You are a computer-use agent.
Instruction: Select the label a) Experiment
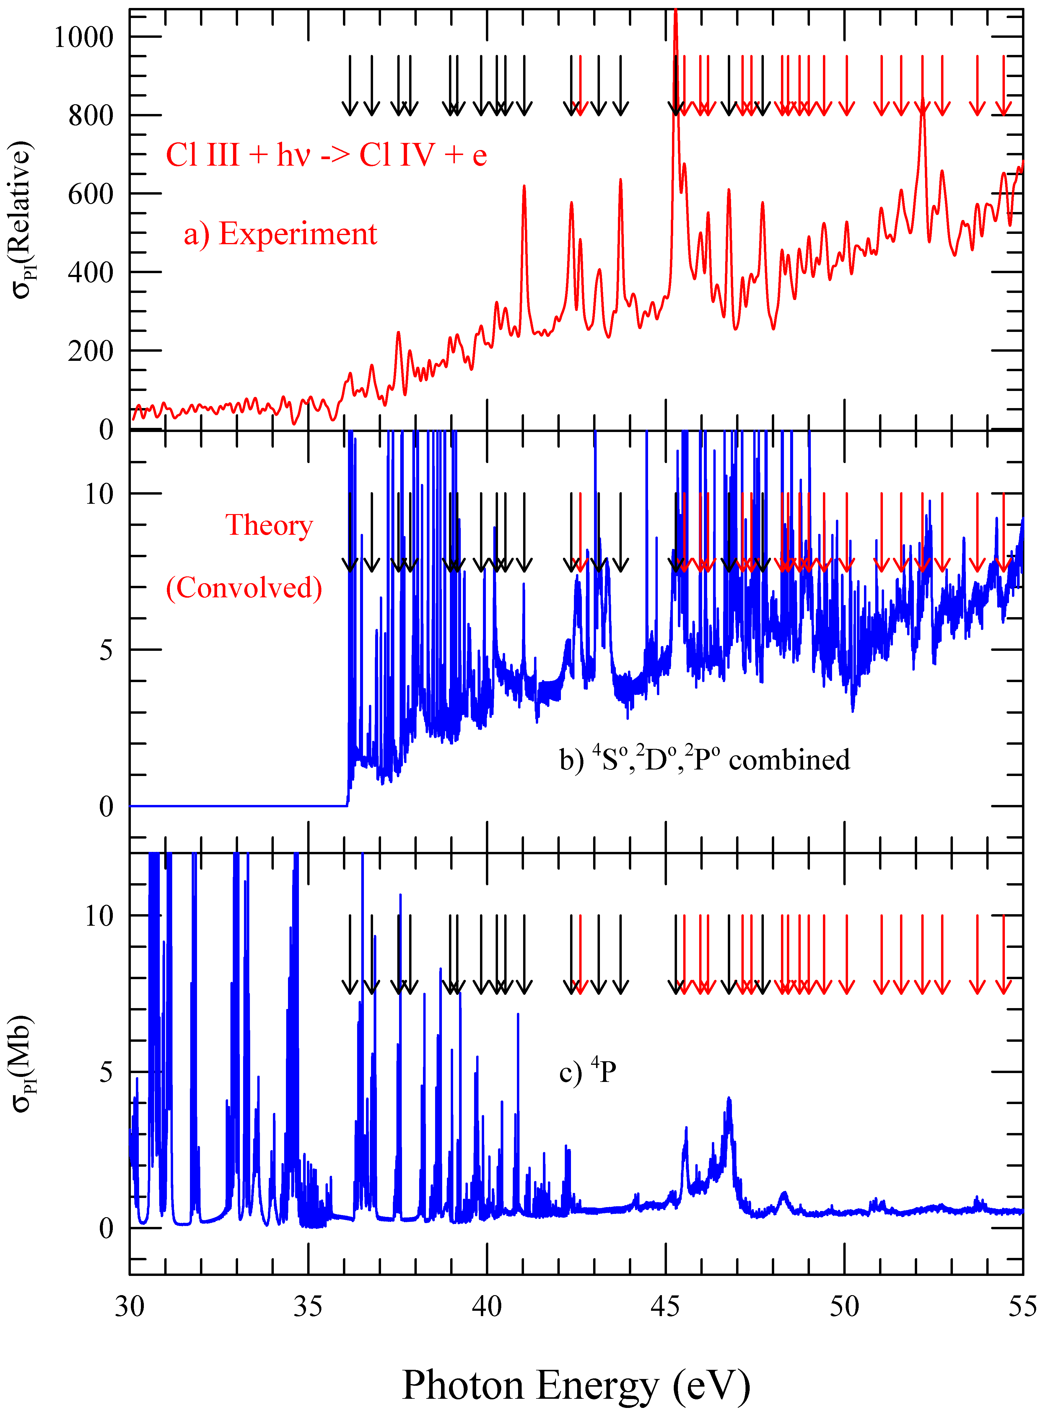280,234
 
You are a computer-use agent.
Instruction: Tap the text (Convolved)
244,588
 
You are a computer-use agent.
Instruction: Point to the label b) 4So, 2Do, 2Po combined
704,759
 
